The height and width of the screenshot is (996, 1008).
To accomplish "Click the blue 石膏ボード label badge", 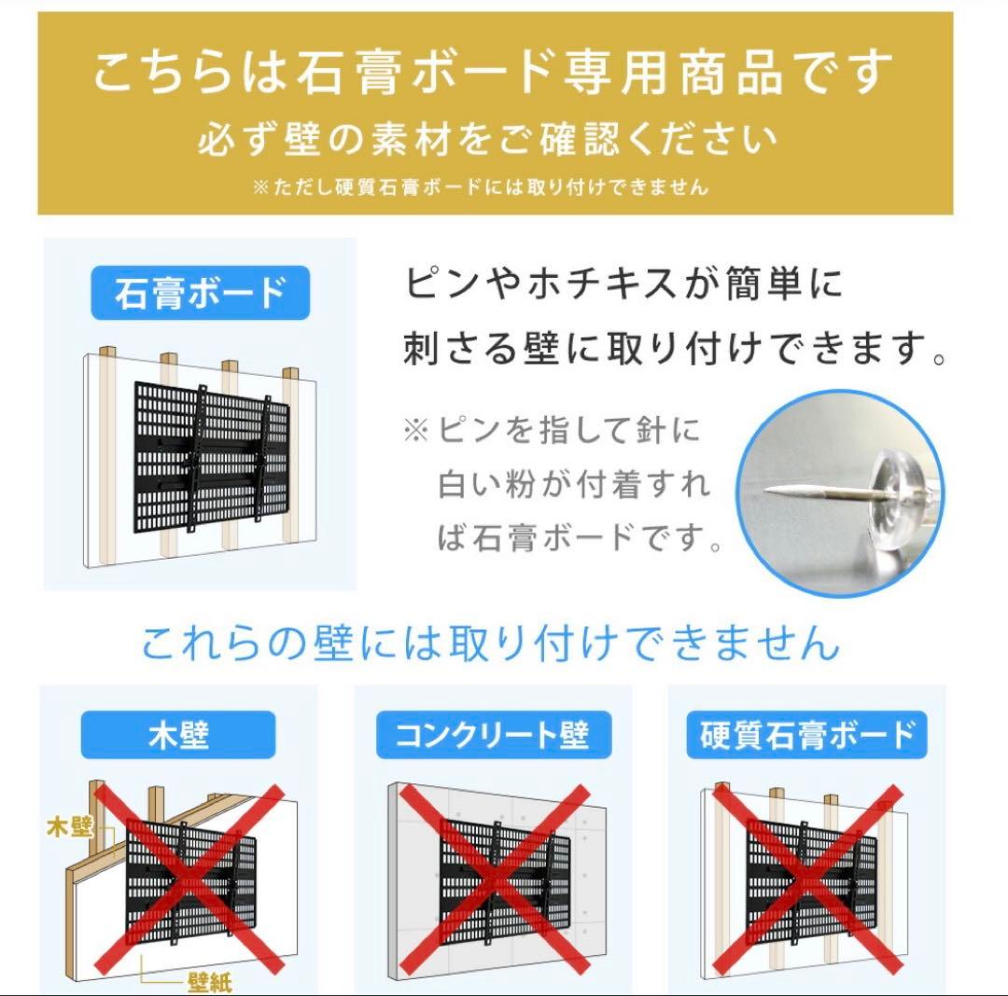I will pos(199,294).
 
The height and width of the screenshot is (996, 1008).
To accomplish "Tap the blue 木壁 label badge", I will pos(177,735).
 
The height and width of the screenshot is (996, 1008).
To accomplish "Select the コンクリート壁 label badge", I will pos(493,735).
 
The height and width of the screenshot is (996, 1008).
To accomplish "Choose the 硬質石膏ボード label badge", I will pos(807,735).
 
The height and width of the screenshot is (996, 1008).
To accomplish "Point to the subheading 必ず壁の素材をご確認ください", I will pos(487,141).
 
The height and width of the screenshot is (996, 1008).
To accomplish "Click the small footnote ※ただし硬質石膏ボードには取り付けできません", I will pos(480,187).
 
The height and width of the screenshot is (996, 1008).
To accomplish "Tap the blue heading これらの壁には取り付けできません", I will pos(491,643).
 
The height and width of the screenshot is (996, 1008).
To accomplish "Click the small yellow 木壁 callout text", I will pos(70,825).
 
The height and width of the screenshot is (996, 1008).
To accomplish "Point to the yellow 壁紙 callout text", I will pos(209,982).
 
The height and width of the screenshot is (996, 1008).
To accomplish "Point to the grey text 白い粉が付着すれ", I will pos(573,485).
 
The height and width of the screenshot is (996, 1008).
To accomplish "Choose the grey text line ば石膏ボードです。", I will pos(579,538).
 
